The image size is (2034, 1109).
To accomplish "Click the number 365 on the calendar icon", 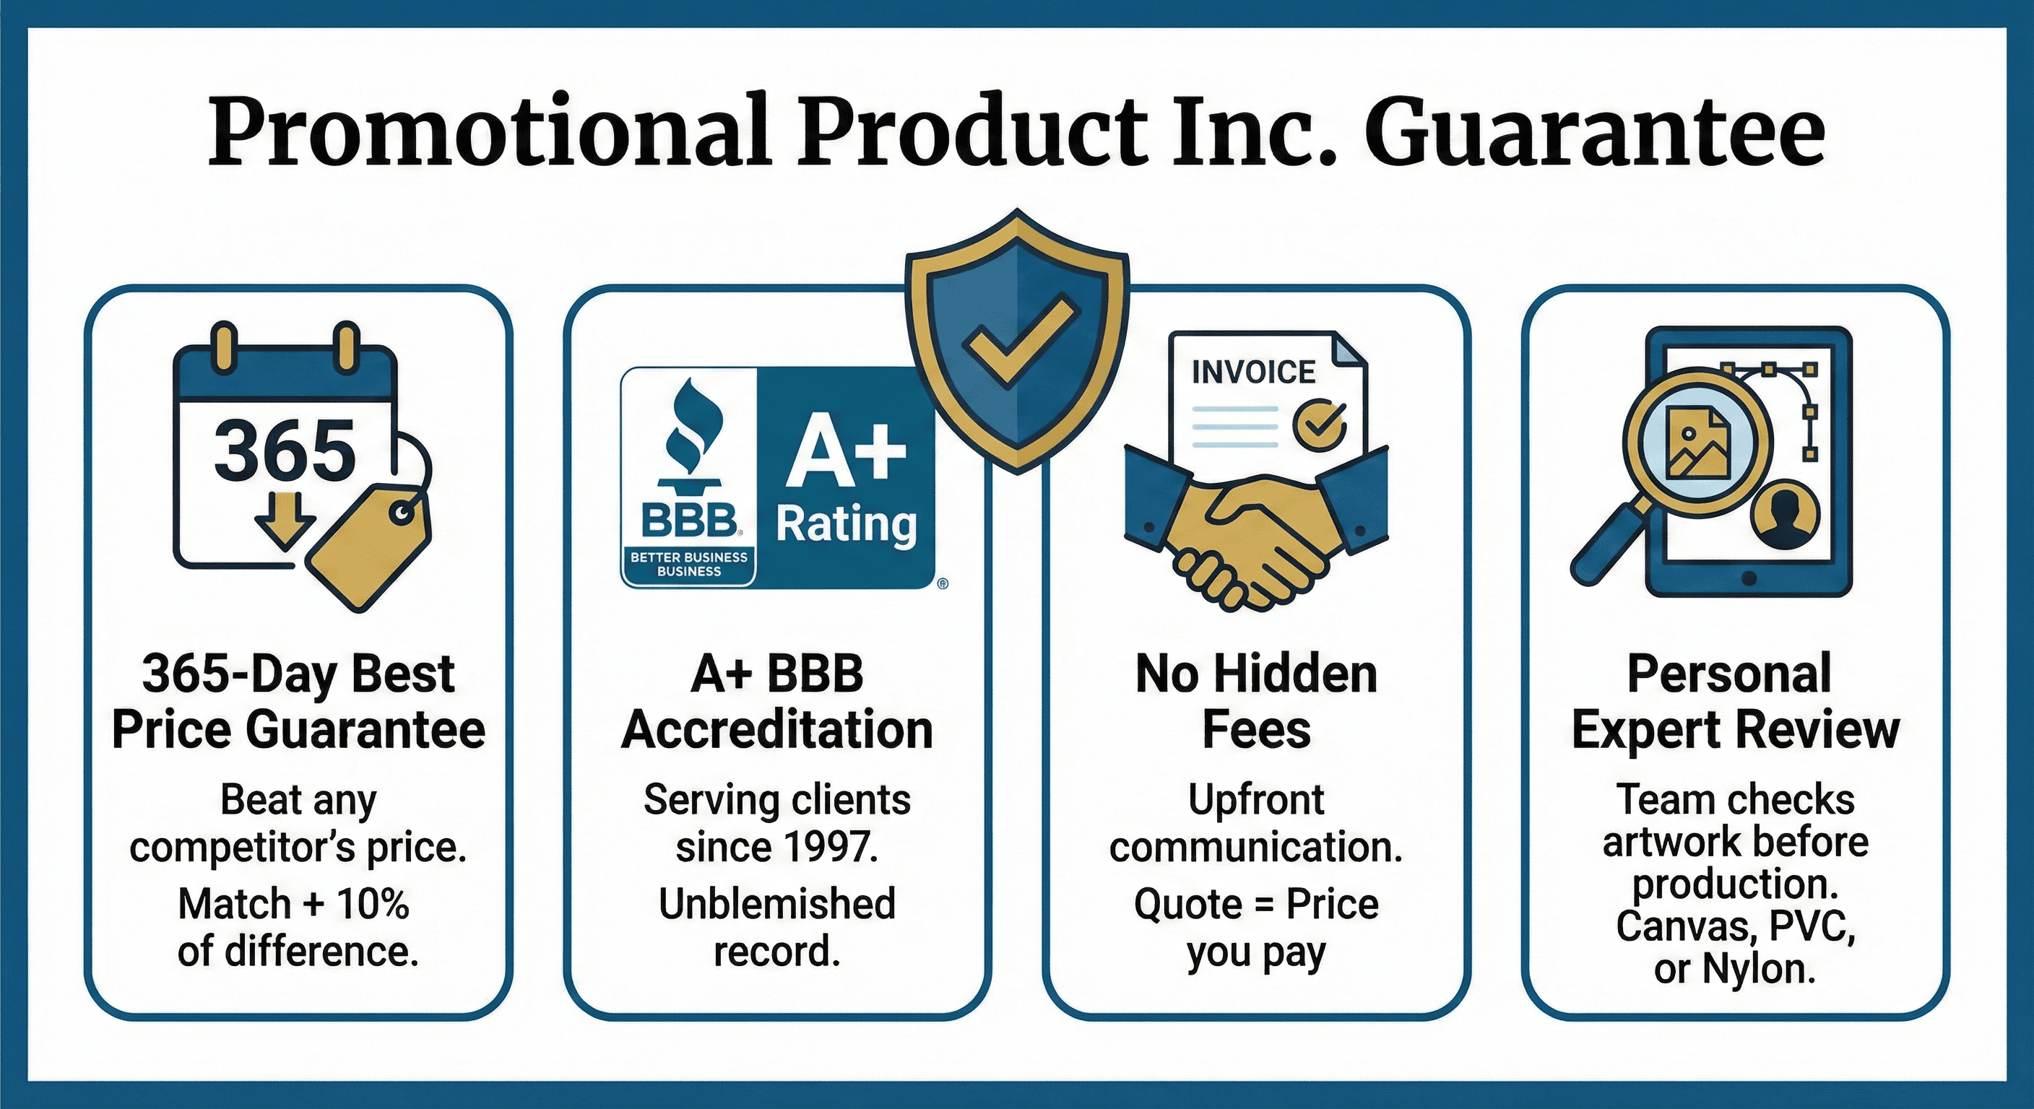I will pyautogui.click(x=285, y=450).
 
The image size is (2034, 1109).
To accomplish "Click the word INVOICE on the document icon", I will pyautogui.click(x=1253, y=372).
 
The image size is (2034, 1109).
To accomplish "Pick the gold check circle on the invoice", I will pyautogui.click(x=1319, y=425).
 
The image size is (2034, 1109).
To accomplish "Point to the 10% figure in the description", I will pyautogui.click(x=373, y=904).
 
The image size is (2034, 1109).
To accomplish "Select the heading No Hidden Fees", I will pyautogui.click(x=1256, y=701).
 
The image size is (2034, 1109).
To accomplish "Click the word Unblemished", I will pyautogui.click(x=777, y=904).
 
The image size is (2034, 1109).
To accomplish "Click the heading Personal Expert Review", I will pyautogui.click(x=1735, y=701).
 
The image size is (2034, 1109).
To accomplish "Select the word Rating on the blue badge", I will pyautogui.click(x=847, y=524).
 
